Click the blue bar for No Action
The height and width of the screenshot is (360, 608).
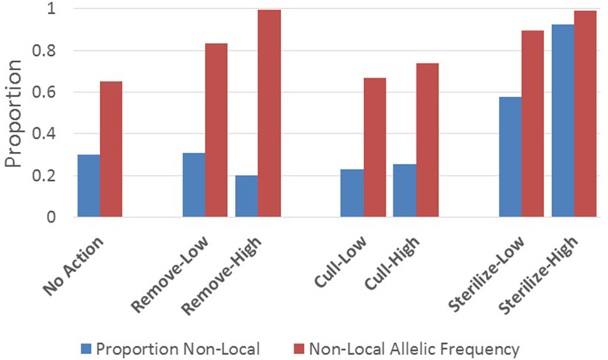88,186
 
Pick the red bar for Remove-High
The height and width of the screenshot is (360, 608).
269,114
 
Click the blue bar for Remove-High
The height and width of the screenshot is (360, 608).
246,196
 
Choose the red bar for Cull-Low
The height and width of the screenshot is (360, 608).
374,147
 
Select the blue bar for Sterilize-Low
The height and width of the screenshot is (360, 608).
510,157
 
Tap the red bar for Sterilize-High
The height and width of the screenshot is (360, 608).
585,114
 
